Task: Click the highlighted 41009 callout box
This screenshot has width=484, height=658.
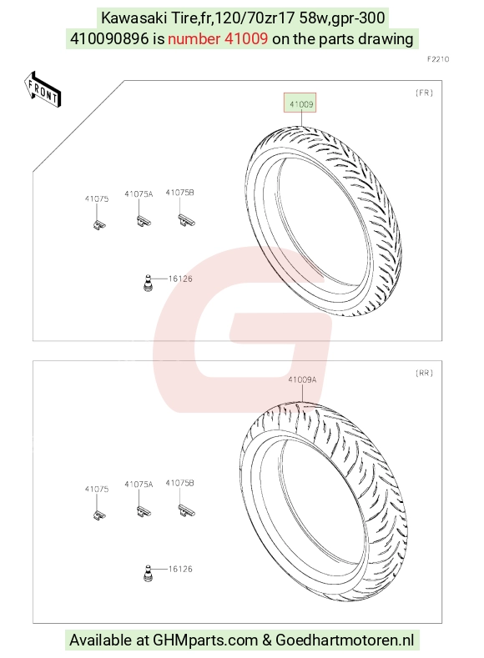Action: click(300, 103)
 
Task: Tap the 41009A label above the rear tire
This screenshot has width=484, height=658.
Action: click(302, 379)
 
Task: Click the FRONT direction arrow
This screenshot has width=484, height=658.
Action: click(43, 91)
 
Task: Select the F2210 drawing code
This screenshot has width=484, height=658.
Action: click(438, 59)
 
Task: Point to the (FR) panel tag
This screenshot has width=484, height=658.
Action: click(424, 93)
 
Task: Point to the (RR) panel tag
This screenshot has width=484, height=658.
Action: click(424, 373)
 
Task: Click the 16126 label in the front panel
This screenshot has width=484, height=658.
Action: click(180, 279)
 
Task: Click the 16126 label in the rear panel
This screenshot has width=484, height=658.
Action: click(180, 569)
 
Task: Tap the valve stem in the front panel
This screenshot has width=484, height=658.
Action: click(148, 283)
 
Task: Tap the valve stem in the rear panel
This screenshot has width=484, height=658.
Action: click(148, 573)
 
